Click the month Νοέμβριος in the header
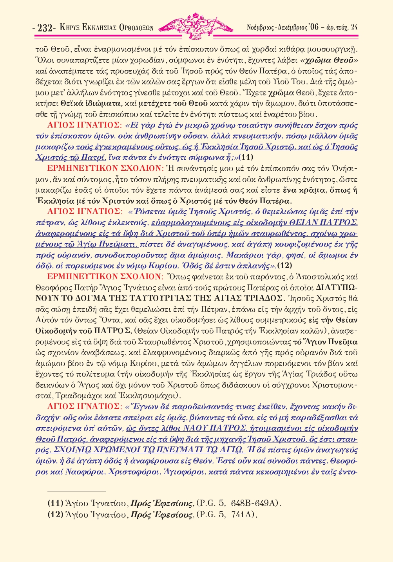[x=261, y=27]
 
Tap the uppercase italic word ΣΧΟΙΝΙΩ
[x=73, y=450]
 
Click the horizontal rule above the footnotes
[x=77, y=491]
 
